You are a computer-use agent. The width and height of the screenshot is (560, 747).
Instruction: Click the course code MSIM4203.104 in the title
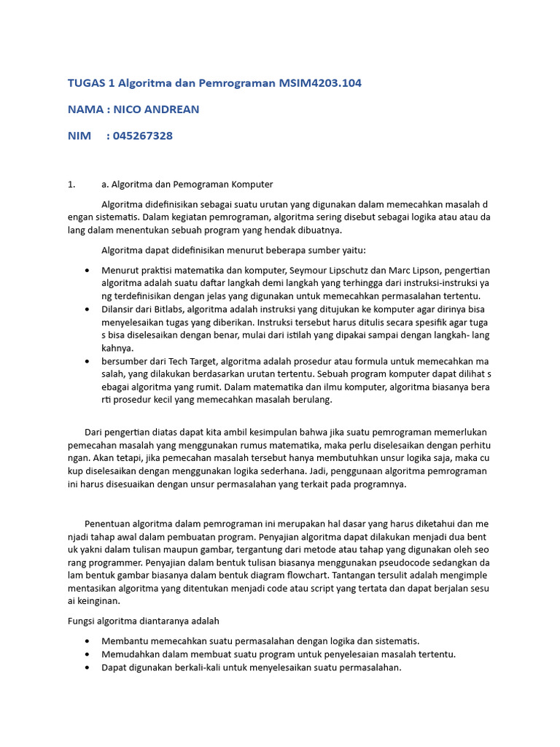(x=320, y=83)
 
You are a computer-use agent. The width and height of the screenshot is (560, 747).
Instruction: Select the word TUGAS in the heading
(x=85, y=83)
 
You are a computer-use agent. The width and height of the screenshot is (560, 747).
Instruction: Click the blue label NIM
(x=79, y=136)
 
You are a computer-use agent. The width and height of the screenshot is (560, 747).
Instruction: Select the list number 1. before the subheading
(x=71, y=184)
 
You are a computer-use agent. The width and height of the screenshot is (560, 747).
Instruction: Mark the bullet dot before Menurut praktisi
(x=87, y=270)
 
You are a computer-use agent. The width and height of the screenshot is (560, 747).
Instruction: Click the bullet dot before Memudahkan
(x=87, y=654)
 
